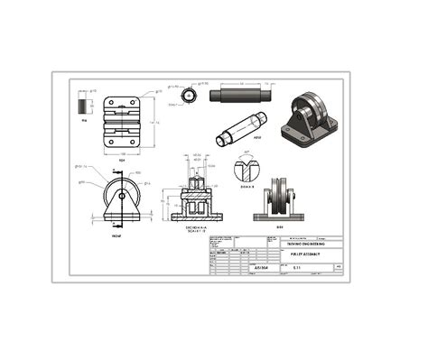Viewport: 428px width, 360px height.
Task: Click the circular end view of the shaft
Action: [188, 96]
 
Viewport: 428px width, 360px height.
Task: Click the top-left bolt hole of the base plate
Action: [109, 104]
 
